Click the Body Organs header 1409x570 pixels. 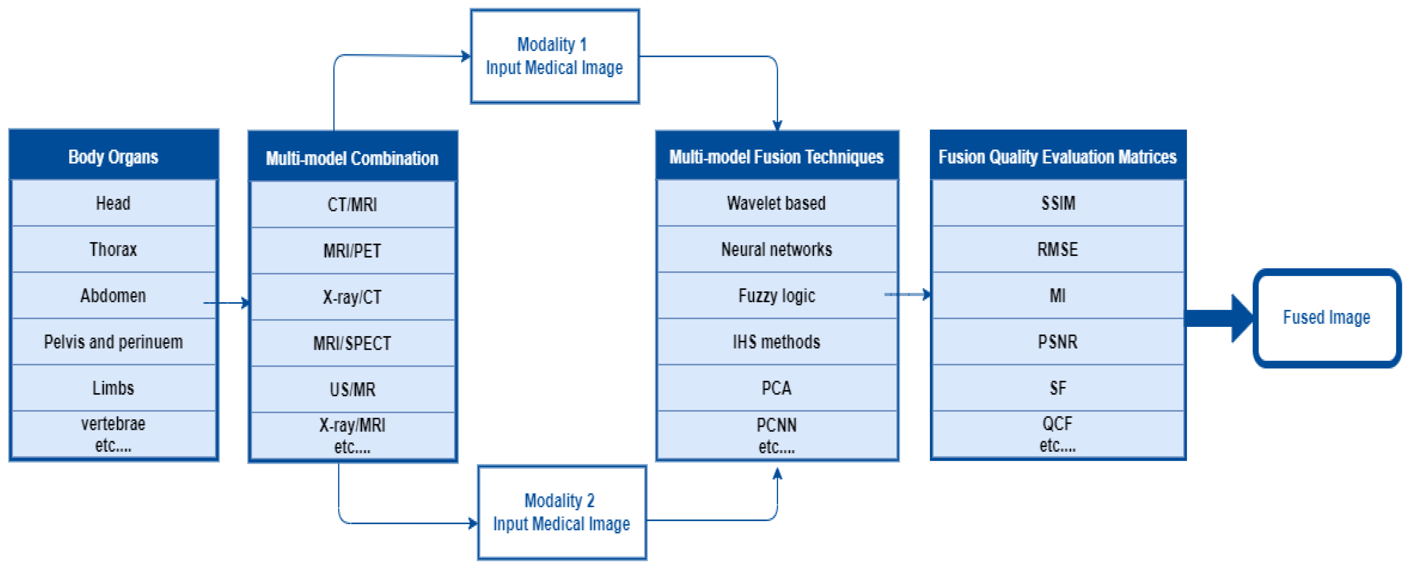113,156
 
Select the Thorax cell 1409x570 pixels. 113,250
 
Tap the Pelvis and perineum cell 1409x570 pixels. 113,342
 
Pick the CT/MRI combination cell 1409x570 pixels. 352,204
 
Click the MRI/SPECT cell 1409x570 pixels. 352,343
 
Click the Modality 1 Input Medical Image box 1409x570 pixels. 555,56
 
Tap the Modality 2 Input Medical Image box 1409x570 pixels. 562,513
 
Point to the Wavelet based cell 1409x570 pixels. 776,203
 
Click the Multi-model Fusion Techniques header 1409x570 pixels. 776,156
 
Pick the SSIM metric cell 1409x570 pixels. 1058,203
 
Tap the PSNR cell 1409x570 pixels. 1058,342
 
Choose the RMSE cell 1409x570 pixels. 1058,250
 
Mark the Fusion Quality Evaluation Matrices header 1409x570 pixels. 1058,156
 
